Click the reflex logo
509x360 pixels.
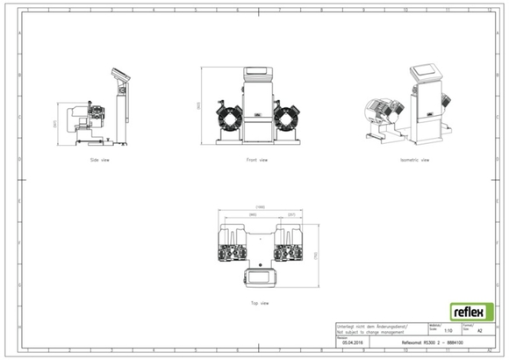tap(471, 312)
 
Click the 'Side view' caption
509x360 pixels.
tap(101, 161)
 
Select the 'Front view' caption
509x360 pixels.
tap(257, 161)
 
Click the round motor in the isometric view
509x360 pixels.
tap(380, 112)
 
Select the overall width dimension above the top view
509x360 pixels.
tap(259, 208)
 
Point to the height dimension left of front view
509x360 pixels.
tap(202, 104)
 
